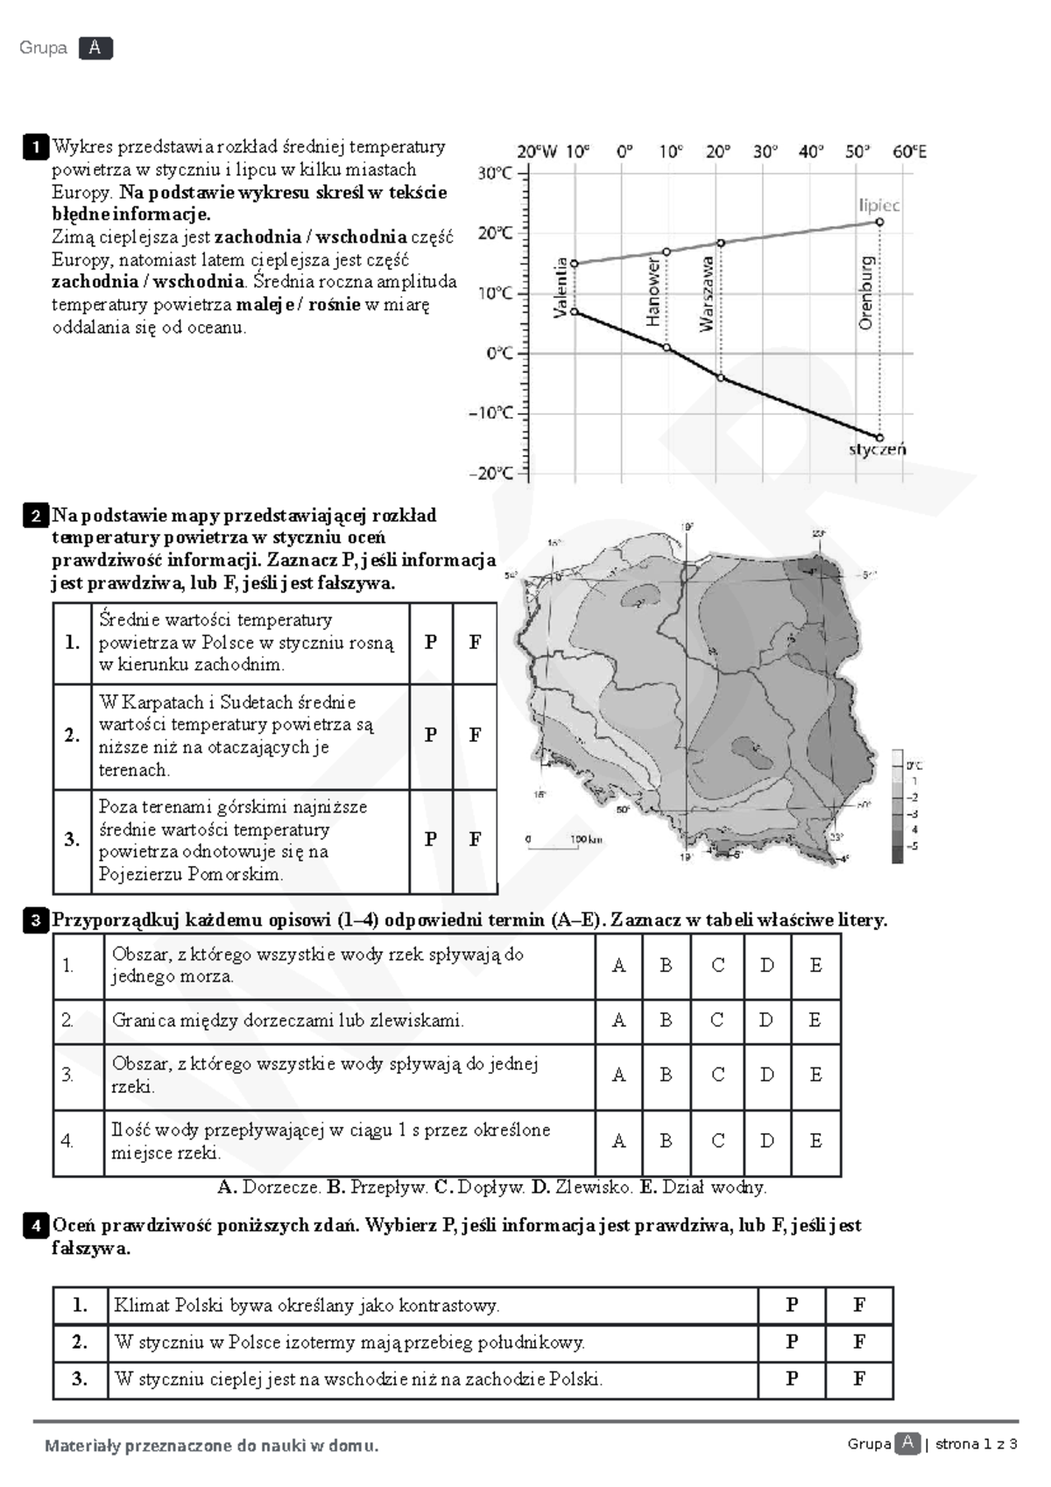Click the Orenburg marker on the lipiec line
point(879,222)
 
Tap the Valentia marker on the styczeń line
point(575,312)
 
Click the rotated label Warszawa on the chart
point(707,293)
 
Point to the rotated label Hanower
point(653,292)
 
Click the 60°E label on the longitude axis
point(909,152)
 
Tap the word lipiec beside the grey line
point(878,205)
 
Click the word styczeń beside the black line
point(877,450)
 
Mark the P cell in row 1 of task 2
point(431,642)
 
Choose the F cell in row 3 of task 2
point(475,839)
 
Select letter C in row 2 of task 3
point(717,1020)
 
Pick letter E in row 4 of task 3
point(815,1141)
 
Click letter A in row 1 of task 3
point(618,966)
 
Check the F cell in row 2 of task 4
point(859,1342)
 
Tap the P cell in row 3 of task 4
point(792,1378)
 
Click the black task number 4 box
point(36,1226)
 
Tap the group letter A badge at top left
point(95,48)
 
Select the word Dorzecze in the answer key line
point(281,1187)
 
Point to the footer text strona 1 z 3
point(976,1444)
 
